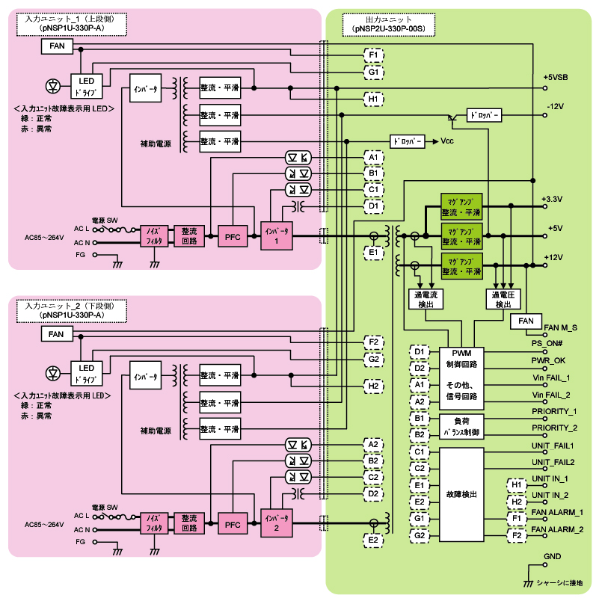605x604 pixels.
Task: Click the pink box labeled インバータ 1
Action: click(276, 237)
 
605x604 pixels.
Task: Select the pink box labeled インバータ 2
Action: click(276, 523)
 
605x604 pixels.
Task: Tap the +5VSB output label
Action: click(554, 78)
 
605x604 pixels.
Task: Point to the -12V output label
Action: click(554, 106)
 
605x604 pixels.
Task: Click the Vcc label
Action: click(447, 141)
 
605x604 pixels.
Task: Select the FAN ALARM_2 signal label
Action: click(557, 529)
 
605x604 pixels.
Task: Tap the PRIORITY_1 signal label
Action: click(554, 411)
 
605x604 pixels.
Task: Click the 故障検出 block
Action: click(461, 494)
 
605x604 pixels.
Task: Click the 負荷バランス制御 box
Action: click(461, 428)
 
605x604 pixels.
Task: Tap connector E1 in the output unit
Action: click(375, 253)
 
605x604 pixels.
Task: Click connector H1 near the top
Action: click(375, 99)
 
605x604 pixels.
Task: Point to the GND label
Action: click(552, 557)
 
